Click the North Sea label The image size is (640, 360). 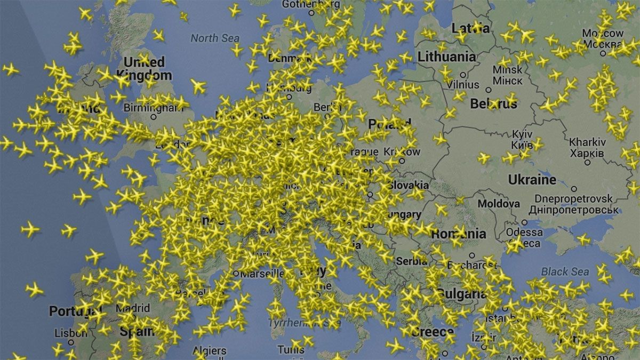[x=215, y=38]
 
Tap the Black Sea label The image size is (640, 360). [x=565, y=271]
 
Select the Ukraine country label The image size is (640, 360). [x=532, y=180]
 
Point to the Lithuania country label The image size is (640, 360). [x=447, y=57]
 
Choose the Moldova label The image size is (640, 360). [x=498, y=204]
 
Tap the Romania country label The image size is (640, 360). [x=458, y=234]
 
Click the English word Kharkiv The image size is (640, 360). [x=587, y=142]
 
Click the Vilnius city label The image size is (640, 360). [x=462, y=84]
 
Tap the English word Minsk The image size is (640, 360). [x=507, y=70]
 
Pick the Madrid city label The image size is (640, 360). [x=133, y=308]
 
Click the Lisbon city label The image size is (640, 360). [x=70, y=333]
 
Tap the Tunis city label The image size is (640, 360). [x=291, y=350]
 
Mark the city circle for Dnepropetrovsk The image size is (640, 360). [x=574, y=189]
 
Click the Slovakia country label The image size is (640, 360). [x=408, y=185]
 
